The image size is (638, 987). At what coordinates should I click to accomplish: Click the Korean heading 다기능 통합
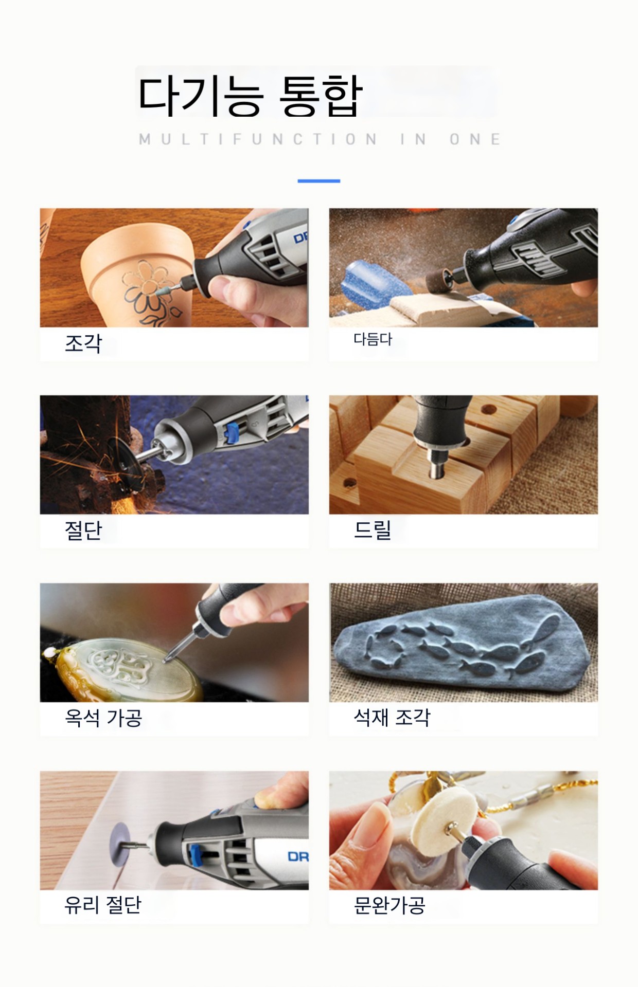251,96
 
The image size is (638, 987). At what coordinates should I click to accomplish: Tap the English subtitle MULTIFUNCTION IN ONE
320,139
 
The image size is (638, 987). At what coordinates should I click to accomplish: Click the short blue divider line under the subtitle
319,181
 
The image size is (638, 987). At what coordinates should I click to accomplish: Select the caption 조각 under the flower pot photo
83,343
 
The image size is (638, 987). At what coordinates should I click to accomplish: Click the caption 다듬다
373,339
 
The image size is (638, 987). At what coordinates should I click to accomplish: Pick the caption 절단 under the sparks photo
83,530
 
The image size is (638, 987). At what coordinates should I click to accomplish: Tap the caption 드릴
373,530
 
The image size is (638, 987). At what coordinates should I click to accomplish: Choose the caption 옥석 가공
103,718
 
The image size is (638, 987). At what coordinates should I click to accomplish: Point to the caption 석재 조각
392,718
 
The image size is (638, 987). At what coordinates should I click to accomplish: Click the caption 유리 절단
103,905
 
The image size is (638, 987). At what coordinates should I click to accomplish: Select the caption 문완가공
389,905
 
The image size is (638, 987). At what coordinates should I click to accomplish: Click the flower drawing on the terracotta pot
148,296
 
